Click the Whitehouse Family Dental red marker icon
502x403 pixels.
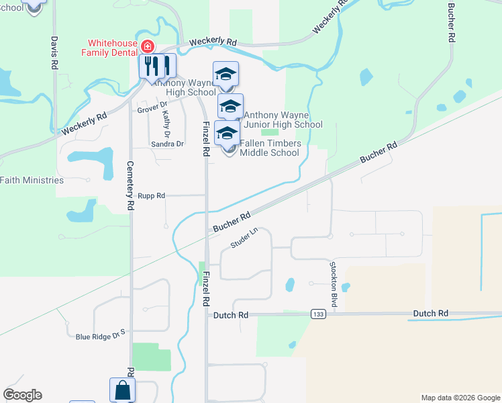click(x=147, y=46)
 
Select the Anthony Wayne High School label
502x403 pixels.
click(x=182, y=87)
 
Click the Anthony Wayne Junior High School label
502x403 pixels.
click(x=283, y=120)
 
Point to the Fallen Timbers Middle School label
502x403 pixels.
click(x=269, y=148)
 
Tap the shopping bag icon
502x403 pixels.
click(x=122, y=390)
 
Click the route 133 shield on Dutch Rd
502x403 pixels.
click(x=318, y=314)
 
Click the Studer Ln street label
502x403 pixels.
click(x=244, y=238)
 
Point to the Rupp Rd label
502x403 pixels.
click(x=151, y=195)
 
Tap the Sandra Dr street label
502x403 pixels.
click(x=167, y=144)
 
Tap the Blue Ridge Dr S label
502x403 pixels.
click(x=101, y=336)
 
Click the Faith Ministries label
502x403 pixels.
click(x=32, y=180)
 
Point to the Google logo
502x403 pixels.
click(x=22, y=395)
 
